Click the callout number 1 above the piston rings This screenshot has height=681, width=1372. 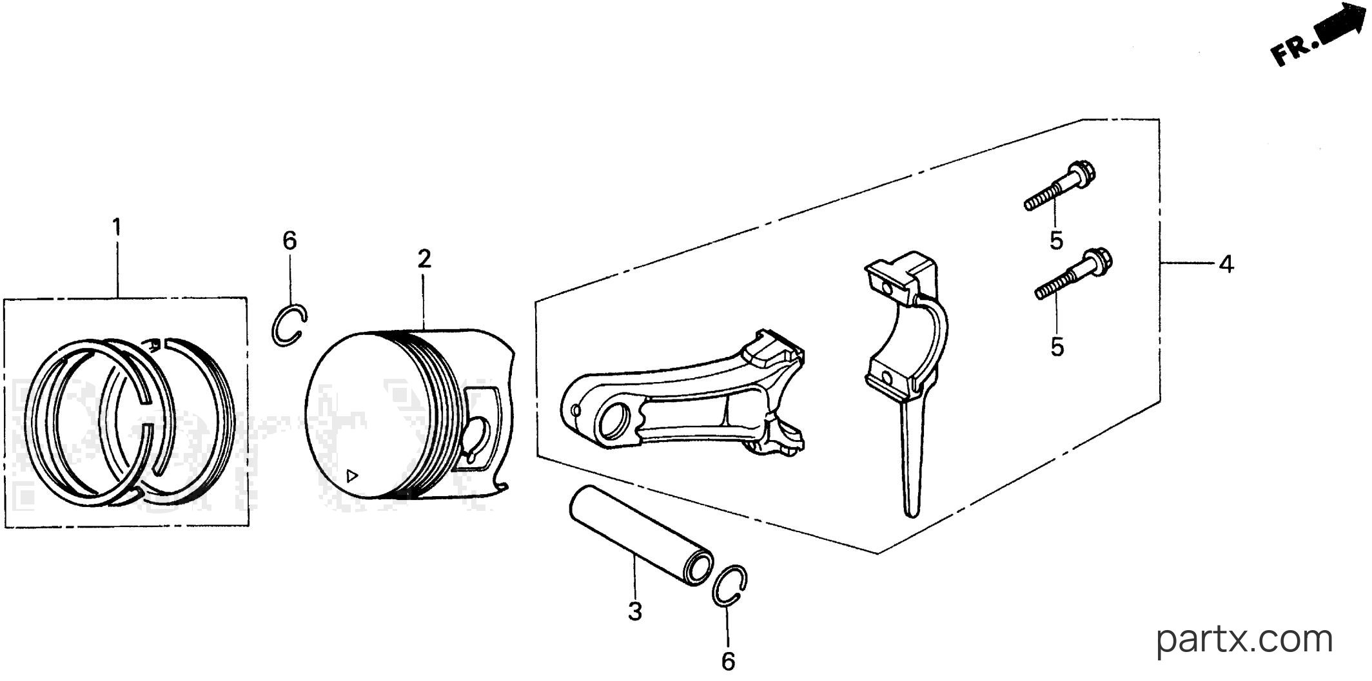tap(117, 227)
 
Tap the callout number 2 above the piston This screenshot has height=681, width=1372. tap(424, 259)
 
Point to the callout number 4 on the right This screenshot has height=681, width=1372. tap(1226, 264)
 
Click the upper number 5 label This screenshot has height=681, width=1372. tap(1056, 241)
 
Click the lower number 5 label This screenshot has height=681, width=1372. tap(1057, 347)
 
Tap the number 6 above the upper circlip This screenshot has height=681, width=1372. tap(289, 241)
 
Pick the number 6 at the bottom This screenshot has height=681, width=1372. tap(728, 661)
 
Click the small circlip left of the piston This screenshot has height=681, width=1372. tap(273, 325)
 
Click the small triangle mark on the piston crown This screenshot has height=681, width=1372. tap(352, 477)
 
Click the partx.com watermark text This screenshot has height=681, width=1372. tap(1244, 639)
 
